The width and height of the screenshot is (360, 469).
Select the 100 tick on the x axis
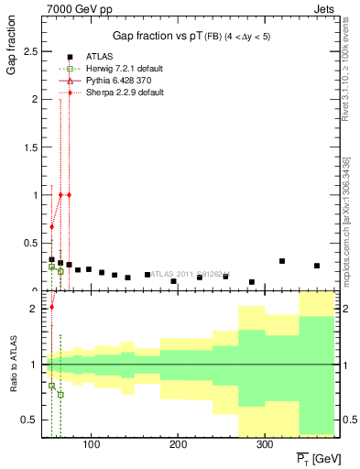(91, 446)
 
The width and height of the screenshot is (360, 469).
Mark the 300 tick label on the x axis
(262, 446)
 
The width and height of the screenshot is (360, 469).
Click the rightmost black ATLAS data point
(317, 266)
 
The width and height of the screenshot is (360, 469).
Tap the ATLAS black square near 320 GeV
(282, 261)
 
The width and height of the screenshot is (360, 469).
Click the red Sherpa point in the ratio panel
(52, 308)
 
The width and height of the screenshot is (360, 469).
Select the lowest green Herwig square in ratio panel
(60, 395)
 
